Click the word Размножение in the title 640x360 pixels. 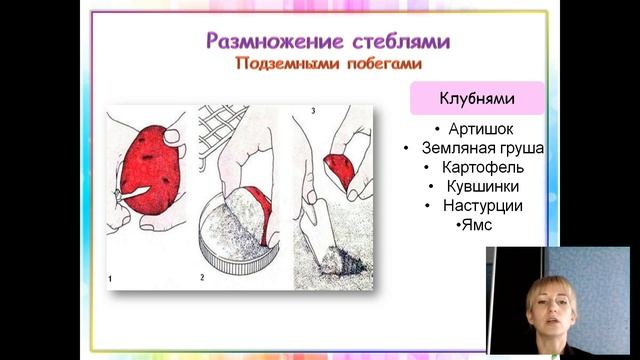pos(264,41)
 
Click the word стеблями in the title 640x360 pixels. pos(393,41)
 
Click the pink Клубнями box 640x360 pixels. pos(477,99)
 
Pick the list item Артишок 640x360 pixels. pos(476,130)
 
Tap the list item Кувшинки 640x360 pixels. pos(476,186)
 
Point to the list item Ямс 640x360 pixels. pos(474,225)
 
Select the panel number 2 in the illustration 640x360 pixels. pos(203,276)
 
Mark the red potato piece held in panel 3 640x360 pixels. pos(341,171)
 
